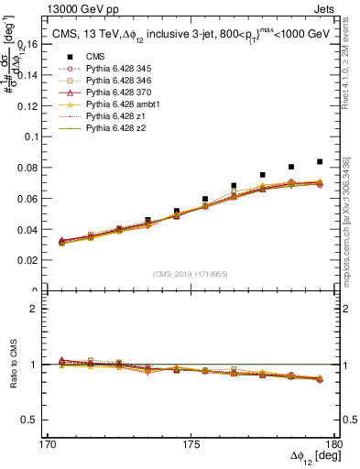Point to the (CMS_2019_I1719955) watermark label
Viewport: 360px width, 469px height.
191,273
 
